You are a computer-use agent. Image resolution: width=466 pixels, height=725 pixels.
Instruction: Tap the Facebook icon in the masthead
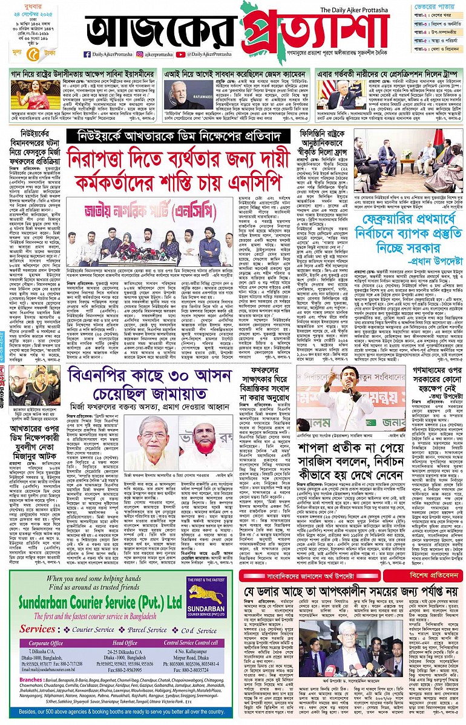click(x=88, y=54)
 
